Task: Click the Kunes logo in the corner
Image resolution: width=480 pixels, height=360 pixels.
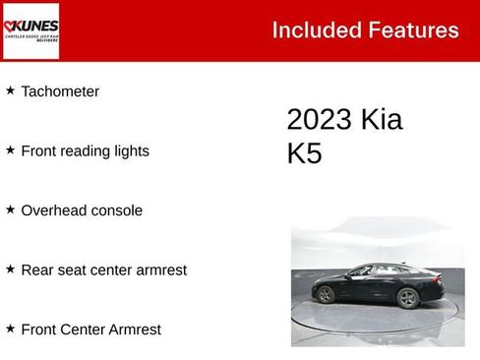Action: pyautogui.click(x=31, y=30)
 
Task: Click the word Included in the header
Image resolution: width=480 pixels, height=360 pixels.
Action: pyautogui.click(x=309, y=30)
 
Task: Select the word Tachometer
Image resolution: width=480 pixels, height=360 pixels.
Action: pyautogui.click(x=60, y=91)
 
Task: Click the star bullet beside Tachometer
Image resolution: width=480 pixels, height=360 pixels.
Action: pyautogui.click(x=10, y=90)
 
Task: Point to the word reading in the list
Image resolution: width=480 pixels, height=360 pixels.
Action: pyautogui.click(x=88, y=151)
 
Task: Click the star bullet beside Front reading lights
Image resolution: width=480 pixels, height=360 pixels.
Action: pyautogui.click(x=10, y=150)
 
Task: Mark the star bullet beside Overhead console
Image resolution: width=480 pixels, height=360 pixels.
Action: pyautogui.click(x=10, y=209)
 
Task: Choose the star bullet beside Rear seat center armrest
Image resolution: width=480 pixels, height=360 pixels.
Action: pyautogui.click(x=10, y=268)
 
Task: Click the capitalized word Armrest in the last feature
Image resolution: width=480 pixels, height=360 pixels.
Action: pyautogui.click(x=133, y=330)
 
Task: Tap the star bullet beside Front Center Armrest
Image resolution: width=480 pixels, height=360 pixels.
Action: pyautogui.click(x=10, y=328)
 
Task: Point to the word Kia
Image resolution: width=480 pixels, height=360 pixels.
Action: pyautogui.click(x=382, y=120)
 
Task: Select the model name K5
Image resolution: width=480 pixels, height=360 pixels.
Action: pyautogui.click(x=304, y=154)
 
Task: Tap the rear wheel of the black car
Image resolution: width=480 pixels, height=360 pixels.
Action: pyautogui.click(x=407, y=298)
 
